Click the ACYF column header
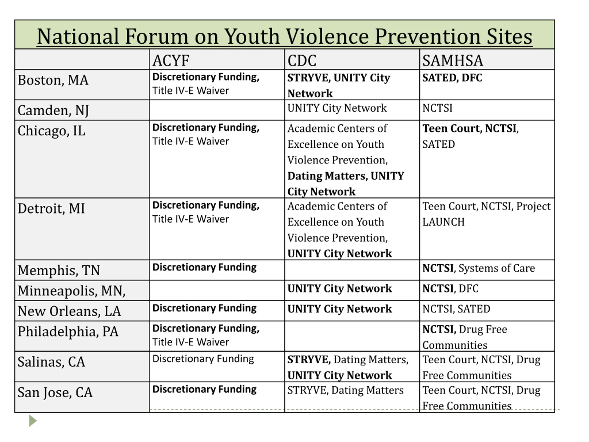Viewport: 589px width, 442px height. (171, 60)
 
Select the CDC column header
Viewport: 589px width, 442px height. (302, 60)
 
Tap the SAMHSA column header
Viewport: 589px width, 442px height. (452, 60)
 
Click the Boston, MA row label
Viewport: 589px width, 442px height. (53, 80)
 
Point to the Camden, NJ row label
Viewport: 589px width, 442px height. (53, 110)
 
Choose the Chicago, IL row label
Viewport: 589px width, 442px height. (51, 131)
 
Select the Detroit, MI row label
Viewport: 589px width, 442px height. (51, 208)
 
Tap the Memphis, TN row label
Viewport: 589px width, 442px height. (59, 270)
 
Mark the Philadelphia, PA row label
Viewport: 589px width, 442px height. (68, 331)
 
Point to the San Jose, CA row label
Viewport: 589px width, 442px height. (55, 392)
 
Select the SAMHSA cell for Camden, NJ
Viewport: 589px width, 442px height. (437, 108)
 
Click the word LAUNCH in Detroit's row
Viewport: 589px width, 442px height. (443, 222)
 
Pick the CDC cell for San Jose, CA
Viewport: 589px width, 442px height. (345, 390)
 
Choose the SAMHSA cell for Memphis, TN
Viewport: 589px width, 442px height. (479, 268)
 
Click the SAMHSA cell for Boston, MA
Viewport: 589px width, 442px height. (452, 78)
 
